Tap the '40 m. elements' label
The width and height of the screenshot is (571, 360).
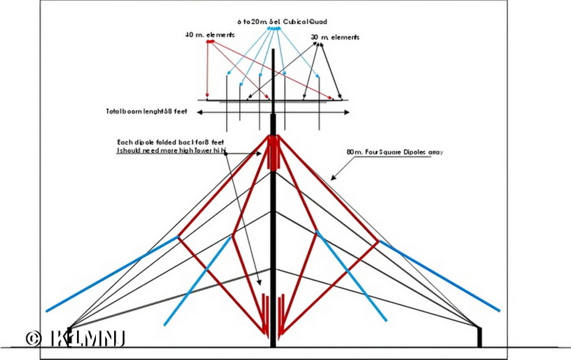click(210, 35)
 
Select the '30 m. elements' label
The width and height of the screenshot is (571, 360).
click(335, 38)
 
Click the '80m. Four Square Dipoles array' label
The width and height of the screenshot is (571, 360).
click(395, 152)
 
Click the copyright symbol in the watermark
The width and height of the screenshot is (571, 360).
click(33, 338)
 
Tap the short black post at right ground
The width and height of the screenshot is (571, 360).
click(480, 336)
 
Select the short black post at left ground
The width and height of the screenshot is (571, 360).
click(70, 337)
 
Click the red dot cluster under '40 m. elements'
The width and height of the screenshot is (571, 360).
click(210, 42)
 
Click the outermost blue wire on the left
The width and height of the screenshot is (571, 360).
click(112, 274)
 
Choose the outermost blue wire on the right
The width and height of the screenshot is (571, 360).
click(440, 276)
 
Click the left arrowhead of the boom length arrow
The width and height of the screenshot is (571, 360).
click(199, 112)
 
